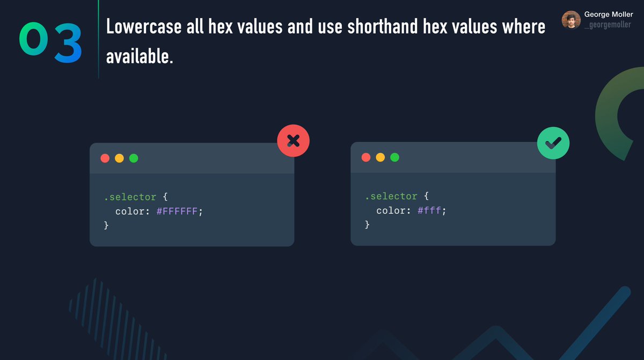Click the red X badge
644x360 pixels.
(293, 141)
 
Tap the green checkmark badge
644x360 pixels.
(553, 143)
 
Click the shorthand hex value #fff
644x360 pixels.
(429, 211)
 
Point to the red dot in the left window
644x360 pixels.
(105, 158)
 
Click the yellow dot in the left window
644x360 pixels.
(119, 158)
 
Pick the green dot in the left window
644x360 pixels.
(134, 158)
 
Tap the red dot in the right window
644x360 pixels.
(366, 157)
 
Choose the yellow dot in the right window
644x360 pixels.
(380, 157)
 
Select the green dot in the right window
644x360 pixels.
(394, 157)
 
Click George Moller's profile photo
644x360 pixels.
(571, 20)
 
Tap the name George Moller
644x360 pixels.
(609, 14)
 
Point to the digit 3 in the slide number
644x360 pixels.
(68, 42)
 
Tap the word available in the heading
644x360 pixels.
(140, 56)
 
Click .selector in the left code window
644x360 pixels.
(130, 197)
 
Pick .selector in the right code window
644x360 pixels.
(391, 196)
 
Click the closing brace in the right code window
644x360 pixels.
(367, 225)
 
